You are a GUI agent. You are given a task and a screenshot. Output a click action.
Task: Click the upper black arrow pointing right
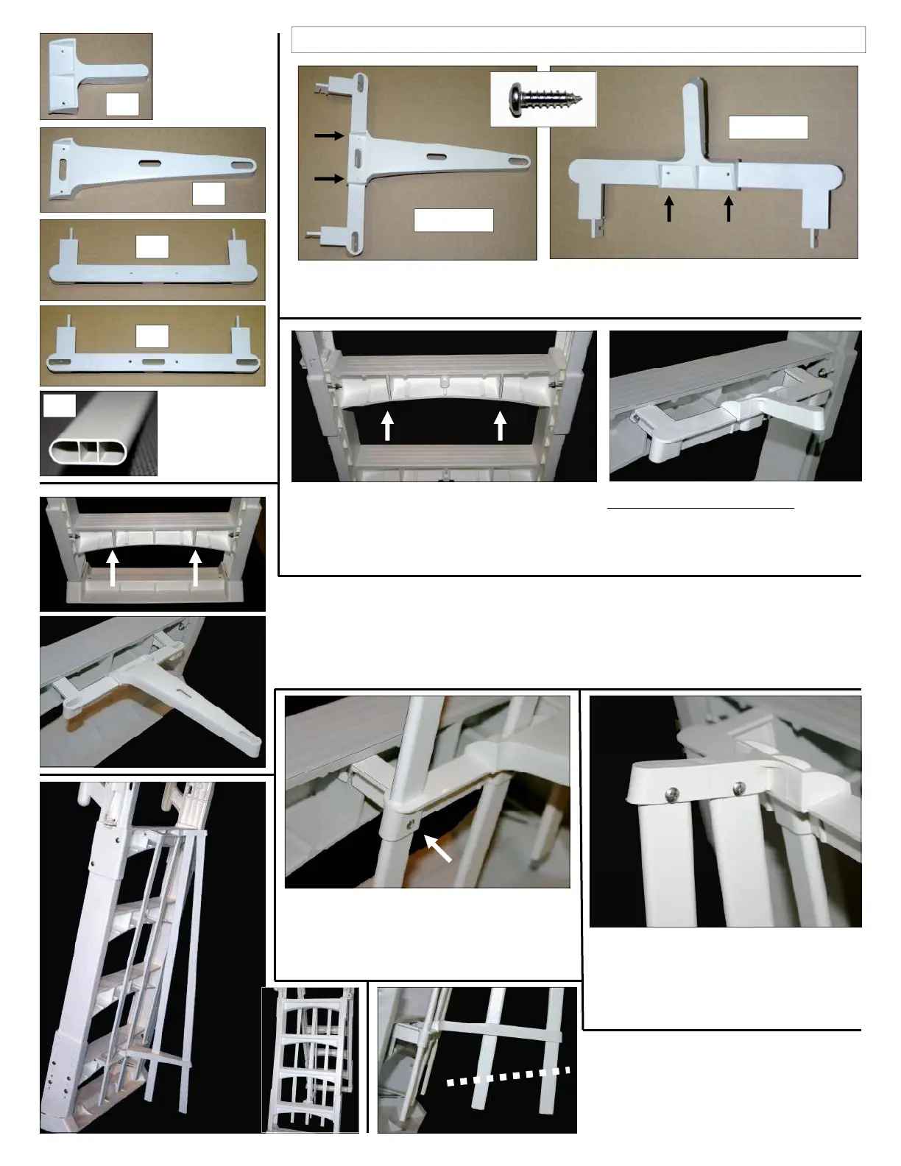point(328,135)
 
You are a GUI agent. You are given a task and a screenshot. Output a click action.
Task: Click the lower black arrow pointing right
point(328,178)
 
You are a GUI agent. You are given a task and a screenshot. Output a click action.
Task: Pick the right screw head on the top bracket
point(739,791)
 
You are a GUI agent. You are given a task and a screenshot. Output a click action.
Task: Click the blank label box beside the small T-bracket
point(122,105)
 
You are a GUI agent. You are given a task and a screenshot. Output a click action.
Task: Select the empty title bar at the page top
point(578,40)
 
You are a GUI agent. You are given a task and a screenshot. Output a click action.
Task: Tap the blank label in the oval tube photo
point(59,404)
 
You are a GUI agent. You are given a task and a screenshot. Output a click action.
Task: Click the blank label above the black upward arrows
point(768,127)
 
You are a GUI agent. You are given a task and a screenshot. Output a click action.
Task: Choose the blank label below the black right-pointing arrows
point(453,220)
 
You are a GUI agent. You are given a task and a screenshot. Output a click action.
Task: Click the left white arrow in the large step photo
point(387,425)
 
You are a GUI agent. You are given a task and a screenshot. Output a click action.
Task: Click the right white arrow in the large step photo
point(501,425)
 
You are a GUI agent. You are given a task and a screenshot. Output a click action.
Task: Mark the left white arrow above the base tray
point(113,569)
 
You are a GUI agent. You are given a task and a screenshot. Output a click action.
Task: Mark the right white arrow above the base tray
point(196,569)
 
